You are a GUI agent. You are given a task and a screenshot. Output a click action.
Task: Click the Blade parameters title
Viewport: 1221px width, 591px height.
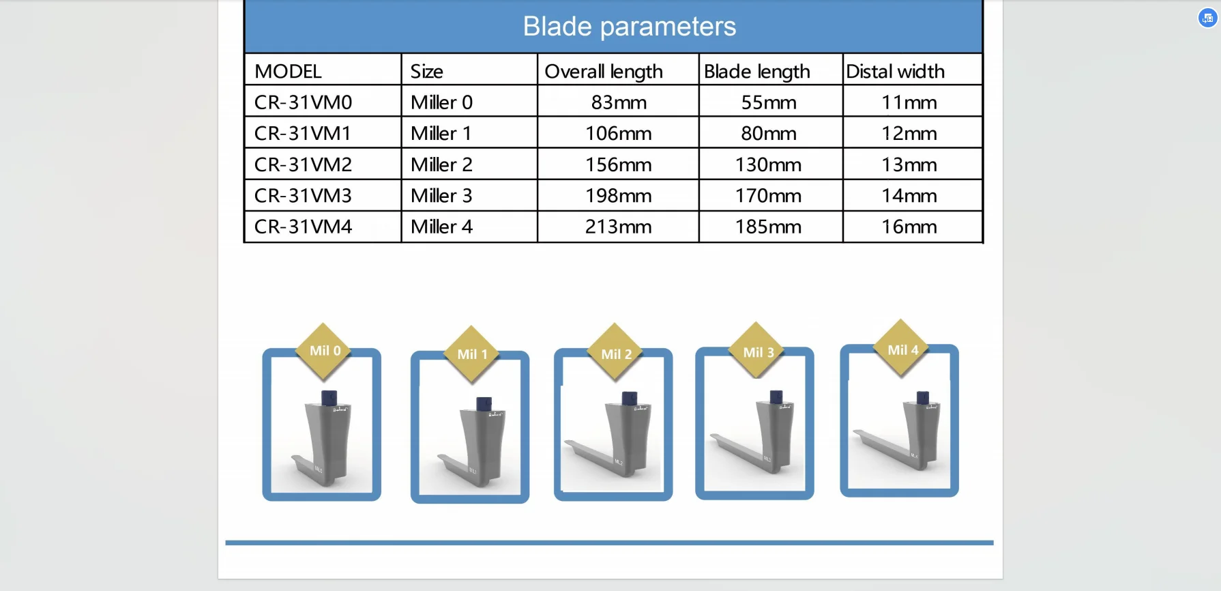tap(630, 27)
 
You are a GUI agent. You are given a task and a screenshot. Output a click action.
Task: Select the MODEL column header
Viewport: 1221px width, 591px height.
tap(288, 71)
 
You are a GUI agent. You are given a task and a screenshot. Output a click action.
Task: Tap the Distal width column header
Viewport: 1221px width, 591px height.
tap(896, 71)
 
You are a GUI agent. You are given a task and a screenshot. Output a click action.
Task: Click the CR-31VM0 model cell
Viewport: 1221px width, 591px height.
tap(304, 102)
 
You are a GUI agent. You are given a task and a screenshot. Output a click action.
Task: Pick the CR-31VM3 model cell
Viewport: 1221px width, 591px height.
tap(304, 196)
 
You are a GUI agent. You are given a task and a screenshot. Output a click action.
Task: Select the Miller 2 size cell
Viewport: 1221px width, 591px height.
tap(441, 164)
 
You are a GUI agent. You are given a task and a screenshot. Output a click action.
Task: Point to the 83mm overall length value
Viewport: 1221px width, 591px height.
tap(619, 102)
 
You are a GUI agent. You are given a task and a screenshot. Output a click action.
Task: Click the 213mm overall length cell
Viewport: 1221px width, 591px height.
tap(619, 227)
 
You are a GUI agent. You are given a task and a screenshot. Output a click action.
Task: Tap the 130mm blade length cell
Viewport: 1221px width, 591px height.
tap(768, 164)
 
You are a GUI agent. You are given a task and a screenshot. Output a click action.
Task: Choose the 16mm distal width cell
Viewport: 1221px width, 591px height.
tap(909, 227)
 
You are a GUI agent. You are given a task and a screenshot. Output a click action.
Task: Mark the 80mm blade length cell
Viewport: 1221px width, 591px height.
tap(769, 133)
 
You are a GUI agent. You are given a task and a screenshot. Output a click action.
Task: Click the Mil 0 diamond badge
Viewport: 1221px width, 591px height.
tap(325, 351)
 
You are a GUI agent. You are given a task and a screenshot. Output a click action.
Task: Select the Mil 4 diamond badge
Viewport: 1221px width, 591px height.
tap(902, 349)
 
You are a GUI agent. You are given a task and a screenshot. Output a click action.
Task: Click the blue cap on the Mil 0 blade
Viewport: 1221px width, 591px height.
tap(329, 397)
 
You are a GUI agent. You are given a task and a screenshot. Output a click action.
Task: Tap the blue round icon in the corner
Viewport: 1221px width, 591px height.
tap(1207, 18)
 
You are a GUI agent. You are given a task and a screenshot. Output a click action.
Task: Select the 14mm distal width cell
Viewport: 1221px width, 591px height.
tap(909, 196)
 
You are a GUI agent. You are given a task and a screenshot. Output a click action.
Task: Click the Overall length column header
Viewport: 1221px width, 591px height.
tap(604, 71)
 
